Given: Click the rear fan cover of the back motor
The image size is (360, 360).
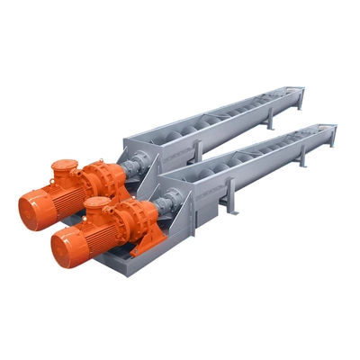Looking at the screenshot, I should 29,210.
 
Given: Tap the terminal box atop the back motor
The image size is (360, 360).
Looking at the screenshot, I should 63,169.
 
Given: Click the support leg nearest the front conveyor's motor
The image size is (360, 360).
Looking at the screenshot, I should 230,201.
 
